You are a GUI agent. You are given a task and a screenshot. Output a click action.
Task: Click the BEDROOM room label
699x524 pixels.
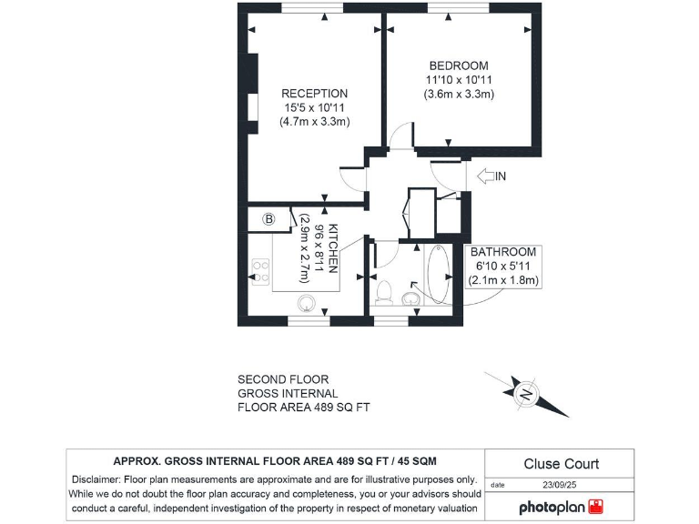pos(459,65)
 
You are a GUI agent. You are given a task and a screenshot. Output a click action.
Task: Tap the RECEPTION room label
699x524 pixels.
pos(314,93)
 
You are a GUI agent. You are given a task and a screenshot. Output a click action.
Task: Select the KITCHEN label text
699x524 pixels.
pos(334,248)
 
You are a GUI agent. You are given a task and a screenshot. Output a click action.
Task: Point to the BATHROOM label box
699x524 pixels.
pos(504,267)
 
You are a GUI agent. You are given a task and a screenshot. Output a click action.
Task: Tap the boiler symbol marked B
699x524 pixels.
pos(269,219)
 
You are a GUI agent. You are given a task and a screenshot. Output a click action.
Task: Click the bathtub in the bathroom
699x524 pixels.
pos(438,275)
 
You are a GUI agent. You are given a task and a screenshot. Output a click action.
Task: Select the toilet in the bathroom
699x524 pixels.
pos(384,292)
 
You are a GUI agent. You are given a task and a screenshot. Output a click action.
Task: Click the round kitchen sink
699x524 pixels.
pos(307,303)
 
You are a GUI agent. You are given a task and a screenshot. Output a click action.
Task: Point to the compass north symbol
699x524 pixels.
pos(526,394)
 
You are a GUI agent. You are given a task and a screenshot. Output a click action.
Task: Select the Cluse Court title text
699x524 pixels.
pos(561,464)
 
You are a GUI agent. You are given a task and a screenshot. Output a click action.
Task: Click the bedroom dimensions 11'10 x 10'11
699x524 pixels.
pos(459,79)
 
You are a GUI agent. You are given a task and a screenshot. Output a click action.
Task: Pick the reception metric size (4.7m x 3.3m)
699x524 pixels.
pos(314,121)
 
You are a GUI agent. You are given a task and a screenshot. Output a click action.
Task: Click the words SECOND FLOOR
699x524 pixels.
pos(283,379)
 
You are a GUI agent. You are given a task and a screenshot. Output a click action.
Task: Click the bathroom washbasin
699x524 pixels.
pos(411,297)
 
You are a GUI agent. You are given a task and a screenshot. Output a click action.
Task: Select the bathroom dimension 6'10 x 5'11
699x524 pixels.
pos(504,267)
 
